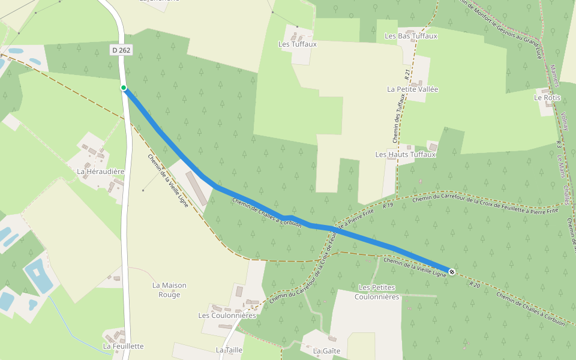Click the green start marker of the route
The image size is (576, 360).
coord(124,88)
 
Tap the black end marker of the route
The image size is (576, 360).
coord(451,272)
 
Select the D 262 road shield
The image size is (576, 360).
coord(121,50)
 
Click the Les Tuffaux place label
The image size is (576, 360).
coord(298,44)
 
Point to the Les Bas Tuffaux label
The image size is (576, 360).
coord(411,36)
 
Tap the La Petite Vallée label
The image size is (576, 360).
coord(413,89)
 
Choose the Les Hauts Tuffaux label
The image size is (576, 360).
coord(405,154)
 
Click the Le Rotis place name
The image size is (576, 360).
coord(547,97)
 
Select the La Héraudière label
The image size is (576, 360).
coord(100,171)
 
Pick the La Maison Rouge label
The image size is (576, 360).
coord(169,290)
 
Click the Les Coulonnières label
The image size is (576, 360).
coord(227,315)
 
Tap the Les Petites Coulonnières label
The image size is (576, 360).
coord(377,292)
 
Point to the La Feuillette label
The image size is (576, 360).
coord(124,346)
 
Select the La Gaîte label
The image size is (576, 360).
coord(327,350)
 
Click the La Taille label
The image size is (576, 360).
coord(229,350)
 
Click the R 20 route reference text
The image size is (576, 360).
coord(475,284)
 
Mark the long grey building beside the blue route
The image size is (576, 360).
coord(196,188)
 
